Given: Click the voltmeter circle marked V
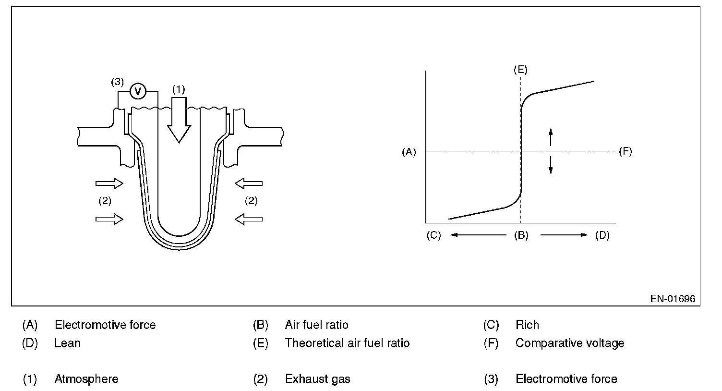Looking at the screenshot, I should [138, 90].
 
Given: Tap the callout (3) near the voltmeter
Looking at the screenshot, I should [117, 82].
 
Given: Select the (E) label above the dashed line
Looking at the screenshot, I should [520, 70].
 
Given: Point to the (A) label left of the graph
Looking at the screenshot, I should [409, 152].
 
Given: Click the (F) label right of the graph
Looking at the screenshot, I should [625, 152].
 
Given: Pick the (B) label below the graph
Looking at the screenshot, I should [521, 235].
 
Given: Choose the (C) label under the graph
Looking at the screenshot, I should [433, 235].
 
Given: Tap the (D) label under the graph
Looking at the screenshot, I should [602, 235].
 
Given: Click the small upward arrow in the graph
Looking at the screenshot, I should [551, 137].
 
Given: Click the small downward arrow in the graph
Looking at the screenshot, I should [551, 166].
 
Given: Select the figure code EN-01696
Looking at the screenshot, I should [673, 299].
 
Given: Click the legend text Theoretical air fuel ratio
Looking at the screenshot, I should [347, 343].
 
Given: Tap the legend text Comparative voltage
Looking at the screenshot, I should [570, 343].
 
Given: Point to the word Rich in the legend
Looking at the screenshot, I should [527, 325].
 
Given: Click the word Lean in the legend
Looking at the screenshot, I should [67, 343].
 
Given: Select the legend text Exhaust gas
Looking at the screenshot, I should [317, 379].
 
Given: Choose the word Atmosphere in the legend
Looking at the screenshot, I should [86, 379].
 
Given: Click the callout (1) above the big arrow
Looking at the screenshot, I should [178, 89].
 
